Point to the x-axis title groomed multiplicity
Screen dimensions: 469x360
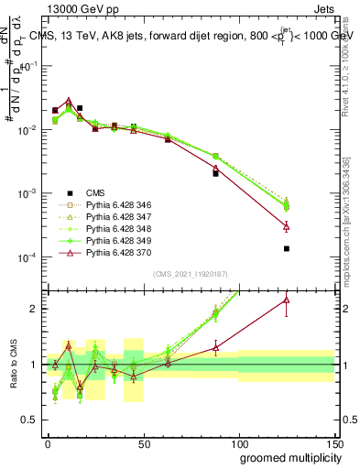coord(287,456)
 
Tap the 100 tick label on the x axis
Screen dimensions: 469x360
coord(239,443)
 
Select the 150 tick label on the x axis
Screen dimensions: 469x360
coord(334,443)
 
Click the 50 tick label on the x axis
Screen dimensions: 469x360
coord(144,443)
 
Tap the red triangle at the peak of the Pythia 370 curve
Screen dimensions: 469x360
coord(69,101)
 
